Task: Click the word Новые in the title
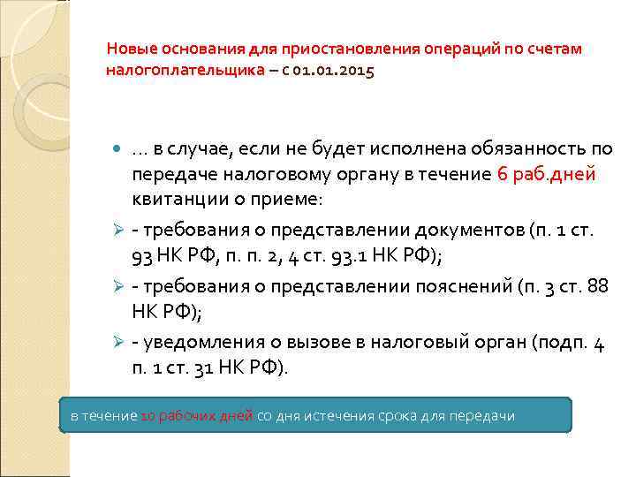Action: (129, 49)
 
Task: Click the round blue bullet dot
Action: (119, 150)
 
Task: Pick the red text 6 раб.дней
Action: (547, 174)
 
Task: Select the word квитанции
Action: (172, 199)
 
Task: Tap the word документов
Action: (473, 231)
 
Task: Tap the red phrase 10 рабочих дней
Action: (197, 415)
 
